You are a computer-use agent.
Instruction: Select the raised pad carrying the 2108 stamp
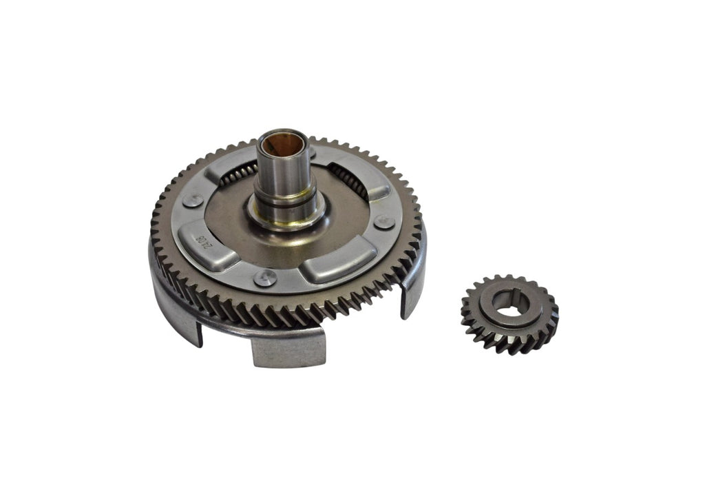pos(205,245)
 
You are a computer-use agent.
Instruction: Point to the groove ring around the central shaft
pos(285,203)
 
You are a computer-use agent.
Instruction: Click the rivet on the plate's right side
pos(383,223)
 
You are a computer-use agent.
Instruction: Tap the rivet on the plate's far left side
pos(193,201)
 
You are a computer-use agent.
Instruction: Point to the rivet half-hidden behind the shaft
pos(312,152)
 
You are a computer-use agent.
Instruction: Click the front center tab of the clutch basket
pos(288,348)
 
